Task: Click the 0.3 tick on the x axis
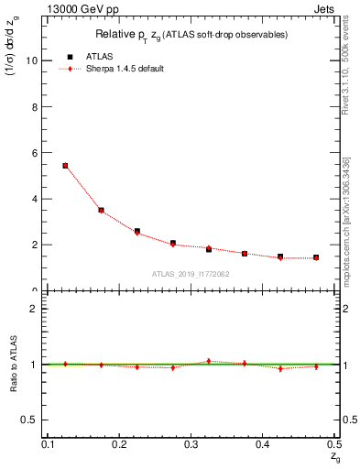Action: pyautogui.click(x=191, y=443)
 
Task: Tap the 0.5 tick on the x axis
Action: pyautogui.click(x=334, y=443)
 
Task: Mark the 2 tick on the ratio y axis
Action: pyautogui.click(x=35, y=309)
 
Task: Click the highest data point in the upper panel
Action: pyautogui.click(x=65, y=166)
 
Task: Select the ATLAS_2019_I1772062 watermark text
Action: pyautogui.click(x=191, y=274)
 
